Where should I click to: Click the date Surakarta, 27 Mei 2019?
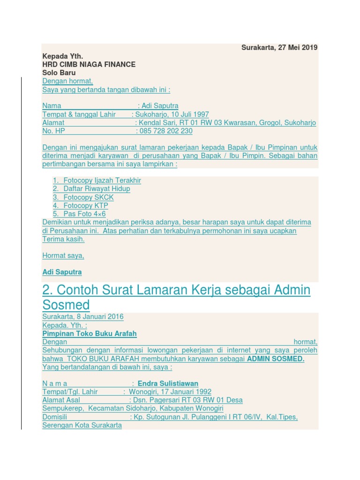[x=279, y=47]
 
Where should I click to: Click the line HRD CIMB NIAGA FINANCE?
[x=89, y=64]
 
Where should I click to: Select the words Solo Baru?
[x=59, y=73]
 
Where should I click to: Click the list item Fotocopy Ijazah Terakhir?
[x=102, y=180]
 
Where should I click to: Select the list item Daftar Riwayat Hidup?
[x=97, y=189]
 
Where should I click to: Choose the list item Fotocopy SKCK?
[x=88, y=197]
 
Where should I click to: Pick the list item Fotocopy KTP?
[x=85, y=206]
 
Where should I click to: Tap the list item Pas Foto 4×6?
[x=84, y=214]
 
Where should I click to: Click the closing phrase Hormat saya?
[x=63, y=255]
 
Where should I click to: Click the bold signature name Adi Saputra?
[x=62, y=272]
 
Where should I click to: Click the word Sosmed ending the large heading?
[x=66, y=306]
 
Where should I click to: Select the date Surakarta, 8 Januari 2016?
[x=83, y=317]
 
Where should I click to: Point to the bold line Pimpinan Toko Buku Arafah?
[x=90, y=334]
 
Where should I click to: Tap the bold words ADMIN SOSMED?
[x=276, y=359]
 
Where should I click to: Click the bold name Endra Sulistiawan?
[x=168, y=383]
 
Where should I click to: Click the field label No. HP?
[x=54, y=131]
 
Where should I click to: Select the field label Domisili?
[x=55, y=417]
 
